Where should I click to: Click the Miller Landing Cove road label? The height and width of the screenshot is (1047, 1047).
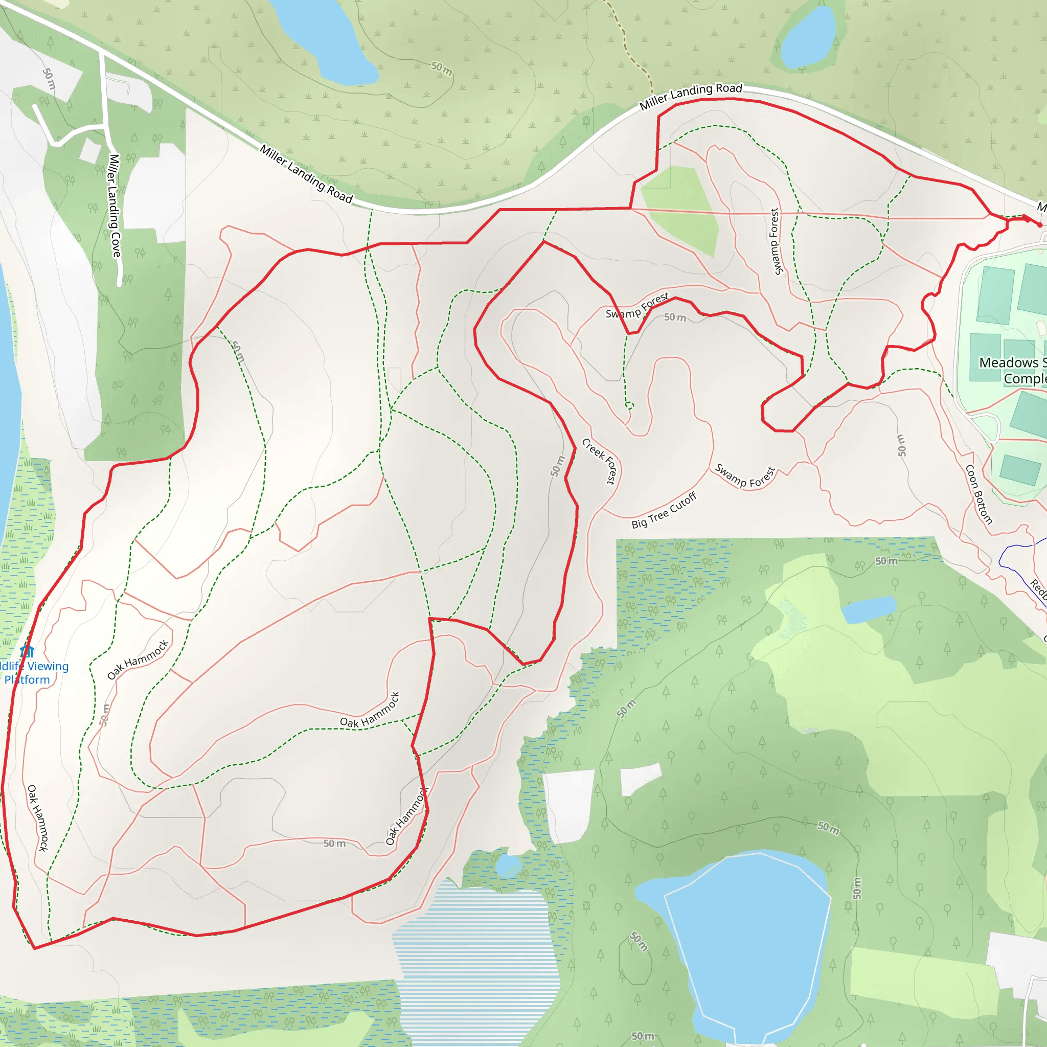(x=115, y=206)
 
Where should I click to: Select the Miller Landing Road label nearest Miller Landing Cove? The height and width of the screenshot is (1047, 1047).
(x=306, y=173)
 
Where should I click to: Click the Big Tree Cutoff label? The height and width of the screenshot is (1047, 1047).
(x=664, y=510)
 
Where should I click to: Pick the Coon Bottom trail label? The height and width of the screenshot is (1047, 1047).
(x=978, y=494)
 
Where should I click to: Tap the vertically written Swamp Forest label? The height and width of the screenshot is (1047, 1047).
(x=776, y=242)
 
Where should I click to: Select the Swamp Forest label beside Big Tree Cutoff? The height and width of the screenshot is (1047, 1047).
(x=745, y=476)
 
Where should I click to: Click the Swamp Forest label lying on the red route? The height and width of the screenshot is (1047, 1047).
(x=637, y=306)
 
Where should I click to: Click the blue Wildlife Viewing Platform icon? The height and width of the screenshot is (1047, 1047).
(x=27, y=651)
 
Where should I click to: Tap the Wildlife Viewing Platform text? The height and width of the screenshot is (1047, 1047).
(x=33, y=673)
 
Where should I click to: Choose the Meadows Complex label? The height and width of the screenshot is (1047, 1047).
(x=1012, y=370)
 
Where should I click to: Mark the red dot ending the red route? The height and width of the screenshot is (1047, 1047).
(x=1039, y=225)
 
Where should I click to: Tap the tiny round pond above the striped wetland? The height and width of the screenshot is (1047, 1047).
(x=508, y=866)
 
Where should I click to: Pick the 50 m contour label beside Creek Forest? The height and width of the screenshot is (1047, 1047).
(x=557, y=466)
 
